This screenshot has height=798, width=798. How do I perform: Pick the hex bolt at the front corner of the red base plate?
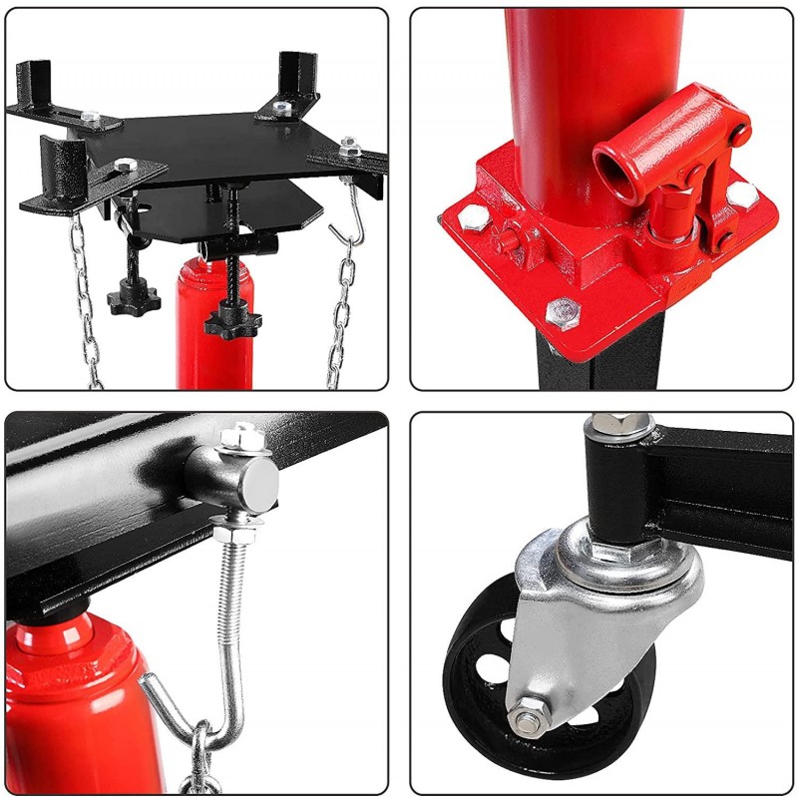click(563, 313)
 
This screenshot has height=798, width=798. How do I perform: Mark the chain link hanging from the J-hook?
click(202, 758)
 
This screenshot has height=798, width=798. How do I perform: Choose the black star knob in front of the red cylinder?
click(228, 321)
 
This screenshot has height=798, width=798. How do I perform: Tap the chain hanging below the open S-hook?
click(341, 319)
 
